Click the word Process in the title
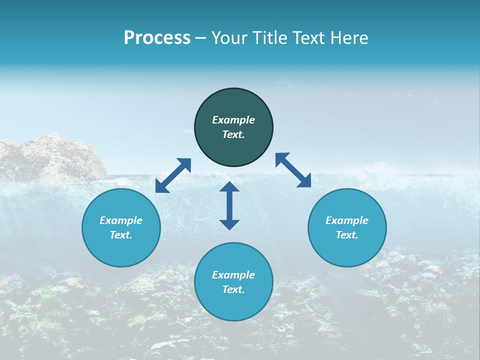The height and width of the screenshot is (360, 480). (157, 38)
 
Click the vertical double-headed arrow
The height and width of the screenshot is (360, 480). (229, 205)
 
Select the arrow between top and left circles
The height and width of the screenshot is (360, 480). (173, 175)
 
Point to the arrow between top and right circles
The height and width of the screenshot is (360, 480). (293, 170)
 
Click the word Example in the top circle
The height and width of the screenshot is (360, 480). (233, 120)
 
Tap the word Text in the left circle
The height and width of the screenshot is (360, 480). (121, 235)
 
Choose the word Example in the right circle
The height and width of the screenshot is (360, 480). (347, 220)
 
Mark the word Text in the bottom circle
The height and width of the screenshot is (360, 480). (233, 289)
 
